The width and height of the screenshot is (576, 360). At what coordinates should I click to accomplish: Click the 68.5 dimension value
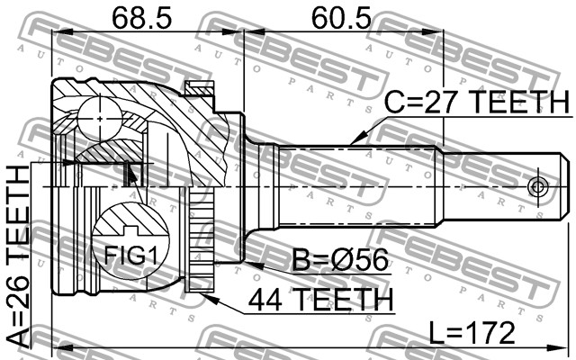(141, 18)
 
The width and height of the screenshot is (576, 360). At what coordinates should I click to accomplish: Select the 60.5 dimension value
(341, 18)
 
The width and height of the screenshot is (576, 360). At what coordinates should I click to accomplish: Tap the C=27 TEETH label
(476, 102)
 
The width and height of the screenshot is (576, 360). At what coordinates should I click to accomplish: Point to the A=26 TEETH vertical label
(18, 256)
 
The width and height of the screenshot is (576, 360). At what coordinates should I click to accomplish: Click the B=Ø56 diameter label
(340, 260)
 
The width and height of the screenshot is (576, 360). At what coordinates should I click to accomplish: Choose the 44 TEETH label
(320, 300)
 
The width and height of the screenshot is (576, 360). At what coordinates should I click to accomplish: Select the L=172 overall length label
(472, 333)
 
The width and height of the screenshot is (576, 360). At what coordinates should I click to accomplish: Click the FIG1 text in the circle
(130, 256)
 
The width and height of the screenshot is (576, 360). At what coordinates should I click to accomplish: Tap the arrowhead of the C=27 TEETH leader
(355, 139)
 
